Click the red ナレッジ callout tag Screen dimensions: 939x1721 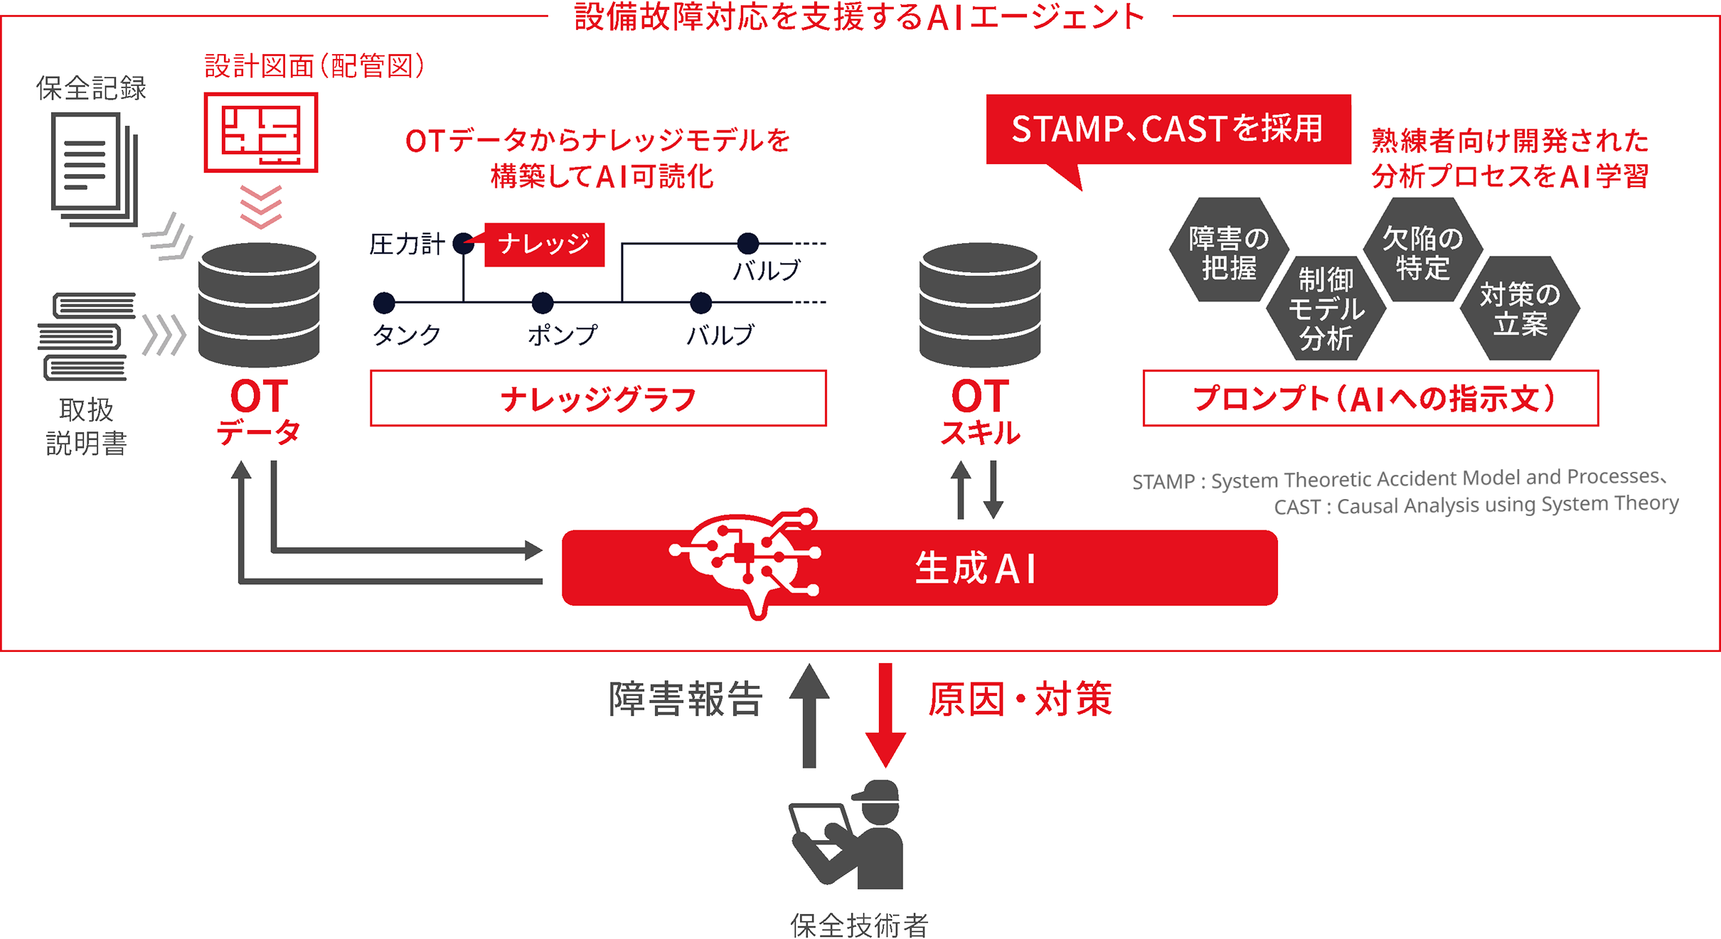[544, 245]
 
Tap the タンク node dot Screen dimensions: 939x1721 [384, 303]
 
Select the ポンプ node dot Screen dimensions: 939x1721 [543, 303]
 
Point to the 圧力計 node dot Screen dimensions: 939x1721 [464, 243]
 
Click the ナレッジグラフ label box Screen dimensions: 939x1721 [598, 398]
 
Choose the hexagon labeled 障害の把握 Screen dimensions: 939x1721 [1229, 250]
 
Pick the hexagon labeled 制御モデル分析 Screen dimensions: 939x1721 [1326, 308]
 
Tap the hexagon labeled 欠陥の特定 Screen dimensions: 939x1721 [1423, 250]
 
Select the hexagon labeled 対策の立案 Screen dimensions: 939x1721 [1520, 308]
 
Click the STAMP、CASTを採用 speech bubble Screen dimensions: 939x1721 [1168, 129]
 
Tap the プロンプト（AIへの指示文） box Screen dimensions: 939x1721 [1370, 398]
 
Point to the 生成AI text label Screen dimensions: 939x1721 [976, 569]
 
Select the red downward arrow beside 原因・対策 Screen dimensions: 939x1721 [885, 714]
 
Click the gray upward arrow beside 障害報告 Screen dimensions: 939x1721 [809, 714]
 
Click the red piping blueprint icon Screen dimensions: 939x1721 [261, 132]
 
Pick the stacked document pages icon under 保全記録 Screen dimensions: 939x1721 [92, 168]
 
